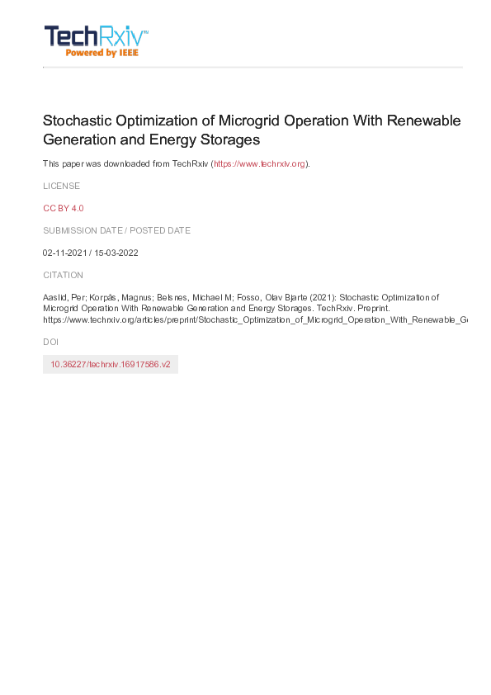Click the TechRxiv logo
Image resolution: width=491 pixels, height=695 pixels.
tap(96, 36)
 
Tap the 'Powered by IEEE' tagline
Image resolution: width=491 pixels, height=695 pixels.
tap(102, 53)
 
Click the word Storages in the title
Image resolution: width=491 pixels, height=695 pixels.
tap(232, 140)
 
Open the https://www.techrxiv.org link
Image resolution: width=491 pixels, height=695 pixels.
tap(260, 163)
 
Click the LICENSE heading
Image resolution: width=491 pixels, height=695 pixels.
tap(61, 186)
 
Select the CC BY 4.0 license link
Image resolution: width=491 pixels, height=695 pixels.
tap(64, 208)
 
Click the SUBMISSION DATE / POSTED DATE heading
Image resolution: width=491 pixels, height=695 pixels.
tap(116, 230)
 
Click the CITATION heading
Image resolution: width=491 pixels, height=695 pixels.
tap(63, 275)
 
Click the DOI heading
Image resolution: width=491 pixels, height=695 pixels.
tap(50, 341)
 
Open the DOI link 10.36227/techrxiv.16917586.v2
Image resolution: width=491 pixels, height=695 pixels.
tap(111, 364)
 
